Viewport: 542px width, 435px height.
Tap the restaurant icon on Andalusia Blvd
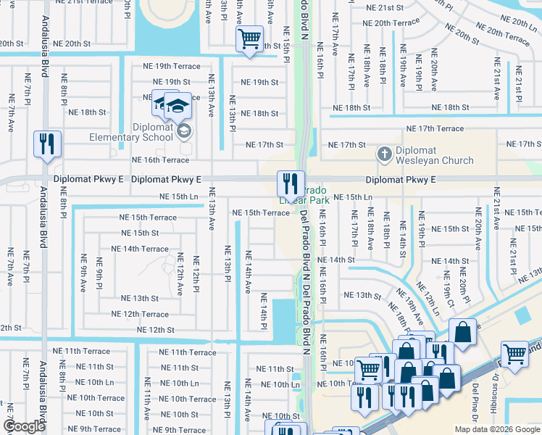[x=48, y=144]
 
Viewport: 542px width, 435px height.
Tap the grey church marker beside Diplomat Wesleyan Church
[x=385, y=154]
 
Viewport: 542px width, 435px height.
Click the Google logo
[x=24, y=427]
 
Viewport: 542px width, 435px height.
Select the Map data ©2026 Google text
[x=496, y=429]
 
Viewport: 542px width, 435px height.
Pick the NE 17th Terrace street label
[x=435, y=128]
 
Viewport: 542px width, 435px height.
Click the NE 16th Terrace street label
[x=160, y=159]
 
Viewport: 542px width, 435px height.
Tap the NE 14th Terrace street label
[x=140, y=249]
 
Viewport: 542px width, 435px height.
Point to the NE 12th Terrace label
[x=140, y=314]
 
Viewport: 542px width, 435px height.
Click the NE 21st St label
[x=385, y=7]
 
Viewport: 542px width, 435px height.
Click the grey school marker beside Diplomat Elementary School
[x=184, y=130]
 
